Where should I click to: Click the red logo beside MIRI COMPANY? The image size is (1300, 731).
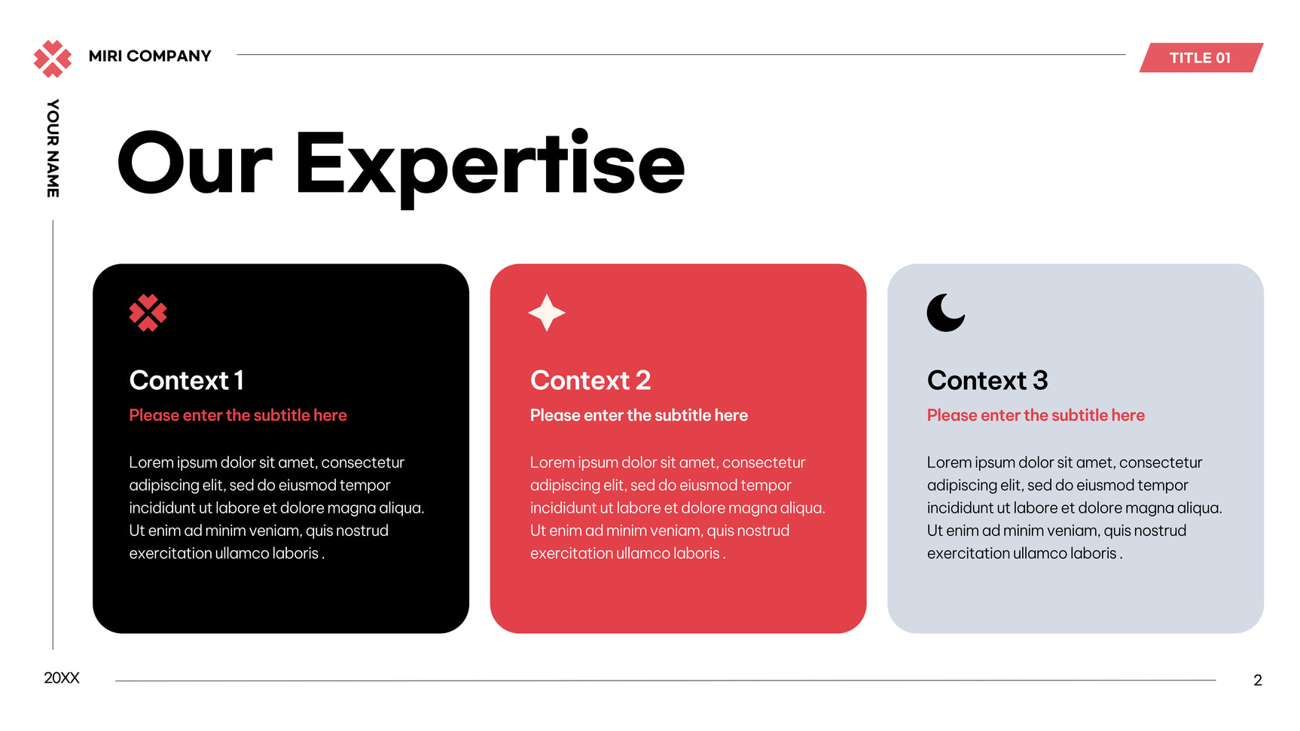tap(53, 59)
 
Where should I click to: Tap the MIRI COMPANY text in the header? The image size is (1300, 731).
tap(150, 56)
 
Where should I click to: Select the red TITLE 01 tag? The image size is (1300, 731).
tap(1201, 58)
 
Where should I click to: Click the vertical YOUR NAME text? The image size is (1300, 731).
tap(53, 148)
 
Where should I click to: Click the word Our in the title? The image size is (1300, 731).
tap(194, 163)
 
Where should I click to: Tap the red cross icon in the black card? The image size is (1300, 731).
tap(148, 312)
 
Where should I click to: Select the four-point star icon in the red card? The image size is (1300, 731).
tap(547, 312)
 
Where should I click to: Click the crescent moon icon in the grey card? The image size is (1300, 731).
tap(946, 312)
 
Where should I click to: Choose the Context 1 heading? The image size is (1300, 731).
tap(187, 381)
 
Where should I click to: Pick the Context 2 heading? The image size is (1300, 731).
tap(590, 381)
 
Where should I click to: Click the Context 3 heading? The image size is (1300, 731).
tap(987, 381)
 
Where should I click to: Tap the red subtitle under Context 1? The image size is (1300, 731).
tap(238, 416)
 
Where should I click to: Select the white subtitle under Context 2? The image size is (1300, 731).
tap(639, 416)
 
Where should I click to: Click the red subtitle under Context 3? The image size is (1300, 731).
tap(1036, 416)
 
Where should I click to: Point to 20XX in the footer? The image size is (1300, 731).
tap(62, 678)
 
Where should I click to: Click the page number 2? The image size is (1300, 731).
tap(1258, 681)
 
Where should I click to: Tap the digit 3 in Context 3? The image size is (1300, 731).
tap(1040, 381)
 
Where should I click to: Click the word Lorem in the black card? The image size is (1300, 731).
tap(151, 463)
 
